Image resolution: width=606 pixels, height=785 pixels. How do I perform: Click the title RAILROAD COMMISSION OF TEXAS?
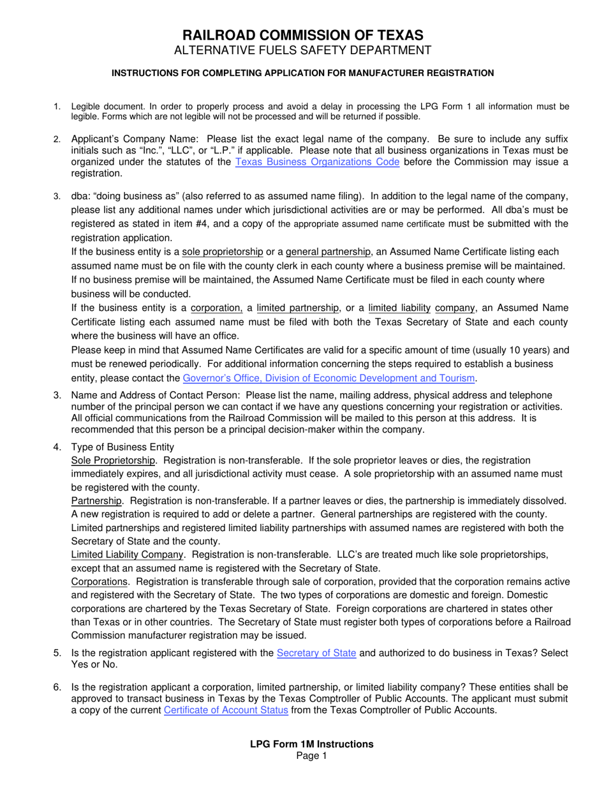point(303,35)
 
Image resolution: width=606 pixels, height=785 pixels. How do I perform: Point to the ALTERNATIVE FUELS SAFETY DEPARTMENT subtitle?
point(303,50)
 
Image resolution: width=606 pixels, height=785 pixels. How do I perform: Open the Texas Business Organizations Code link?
point(318,162)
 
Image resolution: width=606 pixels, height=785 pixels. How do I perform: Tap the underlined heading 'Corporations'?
point(100,582)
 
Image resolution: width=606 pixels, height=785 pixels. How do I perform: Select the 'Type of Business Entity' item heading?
point(122,446)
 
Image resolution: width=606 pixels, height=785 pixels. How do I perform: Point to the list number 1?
point(57,107)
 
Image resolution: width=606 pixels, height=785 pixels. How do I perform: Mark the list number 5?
point(57,653)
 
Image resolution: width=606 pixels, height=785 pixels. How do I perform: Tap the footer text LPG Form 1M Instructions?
point(303,744)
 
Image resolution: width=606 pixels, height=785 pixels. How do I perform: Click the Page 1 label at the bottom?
point(303,756)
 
